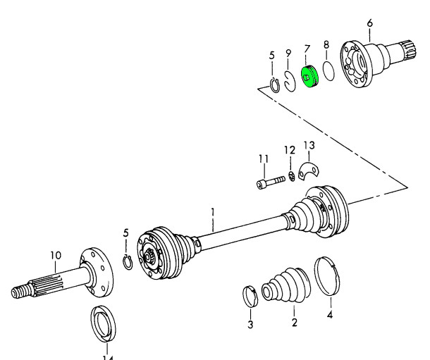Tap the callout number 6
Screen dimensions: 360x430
(x=369, y=23)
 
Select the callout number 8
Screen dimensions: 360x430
(x=326, y=45)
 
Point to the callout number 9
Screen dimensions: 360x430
(x=289, y=53)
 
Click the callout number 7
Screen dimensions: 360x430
(x=307, y=49)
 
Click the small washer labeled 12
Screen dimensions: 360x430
(x=290, y=177)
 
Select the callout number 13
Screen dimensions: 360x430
(x=309, y=146)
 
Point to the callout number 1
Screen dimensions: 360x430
(x=212, y=211)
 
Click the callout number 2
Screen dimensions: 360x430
(x=295, y=323)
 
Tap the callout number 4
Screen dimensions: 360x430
(x=329, y=315)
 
